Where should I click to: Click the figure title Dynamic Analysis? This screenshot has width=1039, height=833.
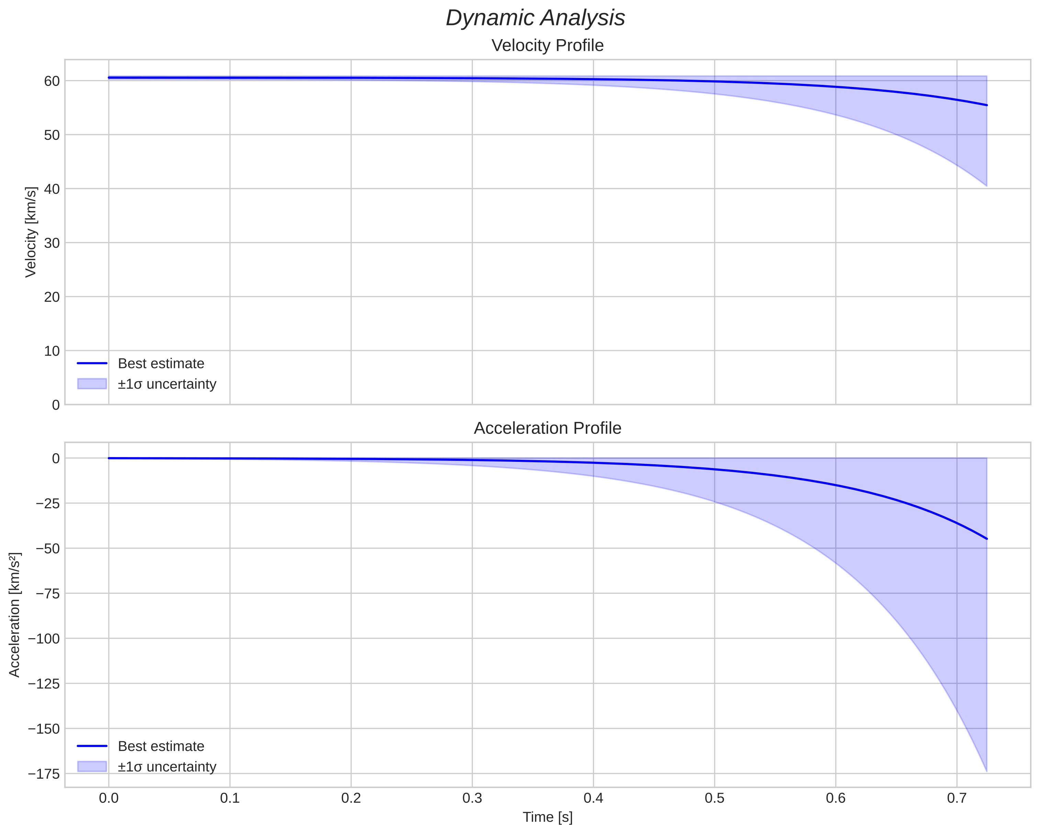point(535,18)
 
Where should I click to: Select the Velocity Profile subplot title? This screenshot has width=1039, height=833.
point(547,46)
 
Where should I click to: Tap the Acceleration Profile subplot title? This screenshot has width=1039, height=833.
point(547,428)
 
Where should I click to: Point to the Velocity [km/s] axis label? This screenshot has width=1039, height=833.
point(31,232)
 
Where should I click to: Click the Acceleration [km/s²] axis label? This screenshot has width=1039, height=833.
point(14,615)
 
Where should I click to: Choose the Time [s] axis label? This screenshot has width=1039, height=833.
point(547,817)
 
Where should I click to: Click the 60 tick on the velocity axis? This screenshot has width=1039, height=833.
point(52,81)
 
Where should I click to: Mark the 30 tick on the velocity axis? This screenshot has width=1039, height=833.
point(52,243)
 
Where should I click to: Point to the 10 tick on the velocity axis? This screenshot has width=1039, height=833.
point(52,351)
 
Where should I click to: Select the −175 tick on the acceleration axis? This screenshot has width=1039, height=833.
point(44,774)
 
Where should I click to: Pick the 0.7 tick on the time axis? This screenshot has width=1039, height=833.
point(957,798)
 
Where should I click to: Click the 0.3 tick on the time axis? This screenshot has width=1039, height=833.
point(472,798)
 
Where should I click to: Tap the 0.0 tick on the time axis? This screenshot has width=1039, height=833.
point(109,798)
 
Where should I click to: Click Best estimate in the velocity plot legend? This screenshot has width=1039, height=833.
point(161,364)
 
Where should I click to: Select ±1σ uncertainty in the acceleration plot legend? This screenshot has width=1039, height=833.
point(167,766)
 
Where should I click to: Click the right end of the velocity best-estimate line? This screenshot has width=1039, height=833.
point(986,105)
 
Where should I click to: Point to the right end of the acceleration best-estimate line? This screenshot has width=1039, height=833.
point(986,539)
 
